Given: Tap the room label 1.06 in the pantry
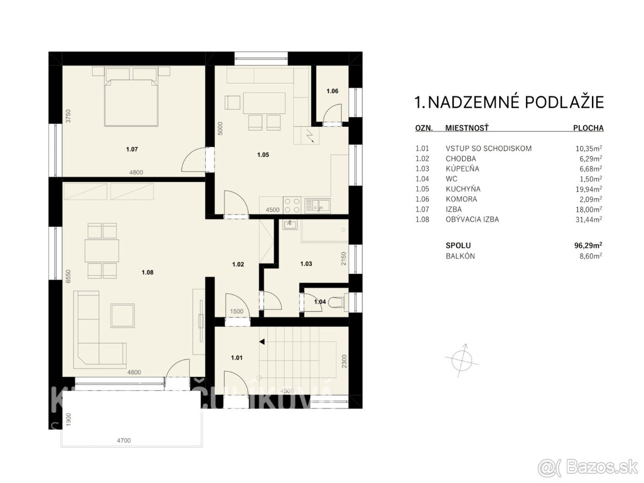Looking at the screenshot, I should point(332,92).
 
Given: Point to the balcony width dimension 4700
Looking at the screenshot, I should point(124,441).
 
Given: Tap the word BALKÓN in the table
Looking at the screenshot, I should point(460,256).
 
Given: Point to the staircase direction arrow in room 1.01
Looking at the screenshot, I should point(262,341).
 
